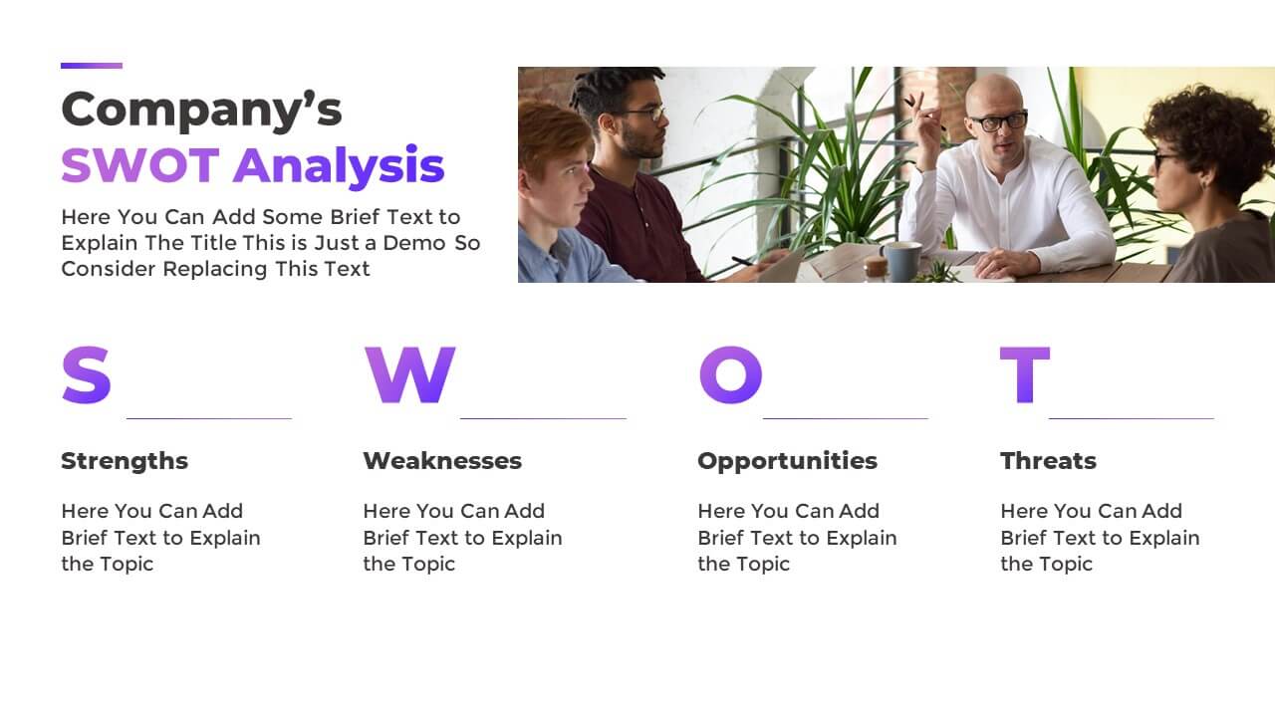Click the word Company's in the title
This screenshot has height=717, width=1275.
[x=201, y=111]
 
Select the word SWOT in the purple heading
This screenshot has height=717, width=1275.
[x=140, y=165]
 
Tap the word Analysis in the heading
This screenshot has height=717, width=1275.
[x=340, y=165]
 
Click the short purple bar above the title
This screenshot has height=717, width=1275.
[x=92, y=66]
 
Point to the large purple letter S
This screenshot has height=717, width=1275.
[x=86, y=375]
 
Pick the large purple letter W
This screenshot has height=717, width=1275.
[x=409, y=375]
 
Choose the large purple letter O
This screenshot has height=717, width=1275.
[x=731, y=375]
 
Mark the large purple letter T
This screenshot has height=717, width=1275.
[x=1025, y=375]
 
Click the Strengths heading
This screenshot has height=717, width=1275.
[x=125, y=461]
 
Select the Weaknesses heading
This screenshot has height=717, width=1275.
[x=442, y=461]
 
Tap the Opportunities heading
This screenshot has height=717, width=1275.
[x=788, y=461]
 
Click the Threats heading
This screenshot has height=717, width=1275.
[x=1049, y=461]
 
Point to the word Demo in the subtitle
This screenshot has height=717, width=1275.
[x=414, y=243]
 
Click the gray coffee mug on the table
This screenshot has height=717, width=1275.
[x=902, y=261]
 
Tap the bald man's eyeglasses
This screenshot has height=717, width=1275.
[x=998, y=121]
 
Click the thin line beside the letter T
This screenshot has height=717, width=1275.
[x=1132, y=419]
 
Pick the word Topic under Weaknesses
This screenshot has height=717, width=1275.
[x=428, y=564]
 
